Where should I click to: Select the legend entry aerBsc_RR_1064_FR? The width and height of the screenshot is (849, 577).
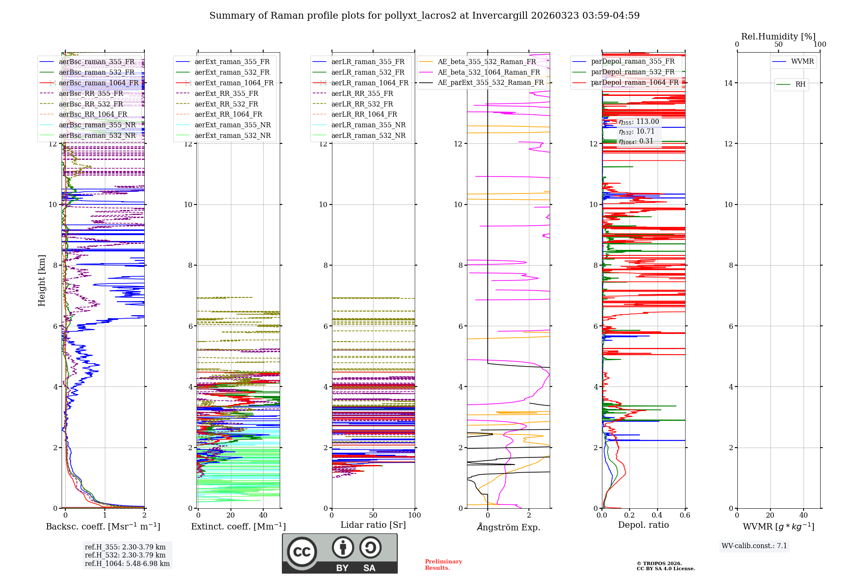93,115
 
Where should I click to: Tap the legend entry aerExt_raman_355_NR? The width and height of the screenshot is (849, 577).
233,125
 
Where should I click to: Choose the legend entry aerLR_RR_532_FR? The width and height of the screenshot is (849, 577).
362,104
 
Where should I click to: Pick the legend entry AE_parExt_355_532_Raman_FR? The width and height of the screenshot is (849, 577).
491,83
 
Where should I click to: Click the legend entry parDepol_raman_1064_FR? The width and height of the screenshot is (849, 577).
635,83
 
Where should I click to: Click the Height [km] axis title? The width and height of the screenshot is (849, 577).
42,280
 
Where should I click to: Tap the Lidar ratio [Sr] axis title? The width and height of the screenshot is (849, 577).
373,525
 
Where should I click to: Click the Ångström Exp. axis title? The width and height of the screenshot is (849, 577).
509,527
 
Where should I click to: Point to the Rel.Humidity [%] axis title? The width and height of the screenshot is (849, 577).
778,36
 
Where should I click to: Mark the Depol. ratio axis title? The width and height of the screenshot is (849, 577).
643,525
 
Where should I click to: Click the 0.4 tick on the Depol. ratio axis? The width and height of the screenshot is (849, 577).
657,515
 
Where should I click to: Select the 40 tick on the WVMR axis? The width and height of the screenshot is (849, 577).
804,515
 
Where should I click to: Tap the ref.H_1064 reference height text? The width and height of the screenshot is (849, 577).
127,564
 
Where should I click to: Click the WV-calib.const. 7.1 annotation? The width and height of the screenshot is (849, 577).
754,546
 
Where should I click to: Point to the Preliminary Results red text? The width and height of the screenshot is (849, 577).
443,565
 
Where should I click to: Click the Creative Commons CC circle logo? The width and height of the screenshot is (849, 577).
302,552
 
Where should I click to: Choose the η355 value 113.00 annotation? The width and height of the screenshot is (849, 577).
639,122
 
